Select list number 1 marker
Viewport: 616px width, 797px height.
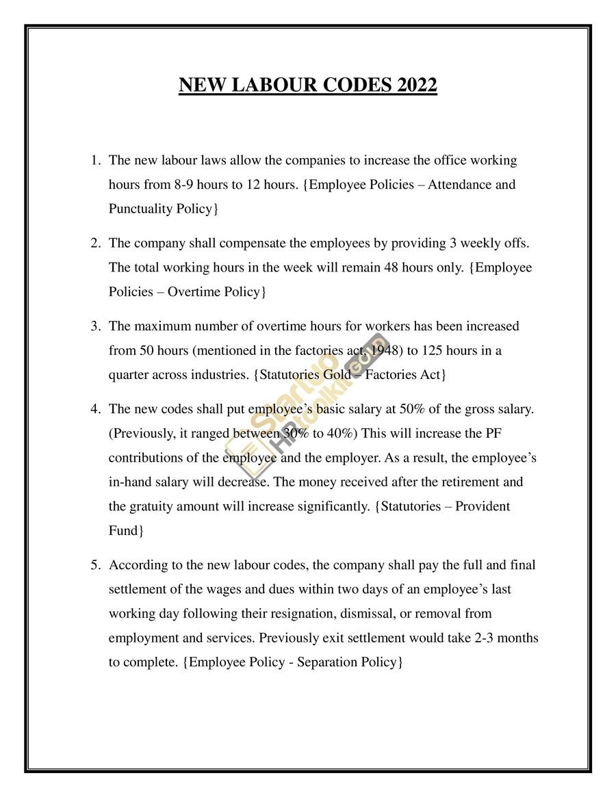tap(96, 161)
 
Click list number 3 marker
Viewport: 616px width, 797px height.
tap(96, 326)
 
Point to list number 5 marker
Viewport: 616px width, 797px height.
tap(96, 565)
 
